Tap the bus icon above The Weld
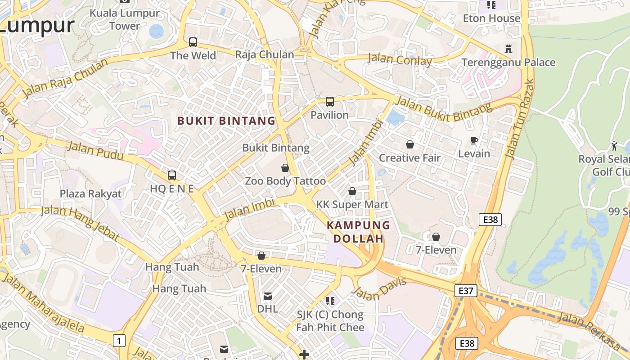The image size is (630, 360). [x=193, y=42]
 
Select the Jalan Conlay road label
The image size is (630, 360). [x=400, y=59]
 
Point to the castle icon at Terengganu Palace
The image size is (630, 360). [x=508, y=48]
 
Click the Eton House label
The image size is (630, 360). [x=491, y=18]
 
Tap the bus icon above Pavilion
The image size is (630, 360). [x=330, y=102]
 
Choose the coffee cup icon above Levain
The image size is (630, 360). [x=474, y=141]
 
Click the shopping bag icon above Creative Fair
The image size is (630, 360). [x=410, y=144]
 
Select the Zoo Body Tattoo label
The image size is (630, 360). [x=285, y=181]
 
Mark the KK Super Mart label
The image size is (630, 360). [x=352, y=205]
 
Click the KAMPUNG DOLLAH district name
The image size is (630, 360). [x=358, y=232]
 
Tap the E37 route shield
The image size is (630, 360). [x=465, y=291]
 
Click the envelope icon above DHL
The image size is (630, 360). [x=268, y=296]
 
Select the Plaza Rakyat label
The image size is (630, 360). [x=91, y=194]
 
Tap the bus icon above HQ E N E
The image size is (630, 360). [x=171, y=175]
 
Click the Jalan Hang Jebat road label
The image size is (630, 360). [x=80, y=223]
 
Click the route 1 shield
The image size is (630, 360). [x=119, y=341]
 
